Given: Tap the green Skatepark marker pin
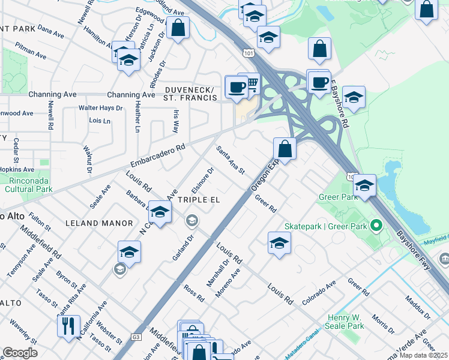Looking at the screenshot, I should pyautogui.click(x=376, y=226).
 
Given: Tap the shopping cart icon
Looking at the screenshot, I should pyautogui.click(x=251, y=83).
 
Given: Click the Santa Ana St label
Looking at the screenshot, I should pyautogui.click(x=231, y=161).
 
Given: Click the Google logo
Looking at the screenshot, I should pyautogui.click(x=20, y=353).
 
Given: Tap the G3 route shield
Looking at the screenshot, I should pyautogui.click(x=136, y=338).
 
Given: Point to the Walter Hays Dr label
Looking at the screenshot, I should pyautogui.click(x=101, y=109).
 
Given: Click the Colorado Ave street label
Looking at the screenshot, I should pyautogui.click(x=320, y=292).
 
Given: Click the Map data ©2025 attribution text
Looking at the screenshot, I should pyautogui.click(x=423, y=355).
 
